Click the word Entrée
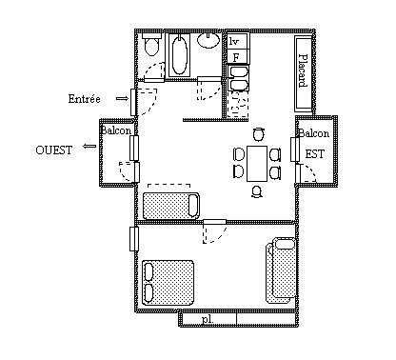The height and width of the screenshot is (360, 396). (x=84, y=99)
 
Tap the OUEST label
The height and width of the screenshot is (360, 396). (x=54, y=150)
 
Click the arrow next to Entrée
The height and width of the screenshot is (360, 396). (x=122, y=99)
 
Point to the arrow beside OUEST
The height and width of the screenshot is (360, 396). (x=89, y=146)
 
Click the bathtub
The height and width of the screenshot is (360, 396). (x=179, y=55)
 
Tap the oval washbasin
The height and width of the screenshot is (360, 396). (x=208, y=40)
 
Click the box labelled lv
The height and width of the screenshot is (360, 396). (x=237, y=41)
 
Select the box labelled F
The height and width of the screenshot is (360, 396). (x=237, y=57)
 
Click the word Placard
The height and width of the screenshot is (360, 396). (x=304, y=70)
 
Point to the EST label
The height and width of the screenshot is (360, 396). (x=315, y=154)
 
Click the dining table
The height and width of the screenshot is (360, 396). (x=257, y=164)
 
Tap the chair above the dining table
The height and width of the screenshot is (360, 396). (x=259, y=134)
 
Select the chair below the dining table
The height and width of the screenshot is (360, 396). (x=257, y=191)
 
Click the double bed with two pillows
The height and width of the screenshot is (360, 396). (x=168, y=283)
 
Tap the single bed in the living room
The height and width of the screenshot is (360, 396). (x=171, y=206)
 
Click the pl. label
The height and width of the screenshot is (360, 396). (x=208, y=319)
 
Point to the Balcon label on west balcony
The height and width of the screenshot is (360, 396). (x=116, y=130)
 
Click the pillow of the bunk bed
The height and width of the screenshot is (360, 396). (x=285, y=244)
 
